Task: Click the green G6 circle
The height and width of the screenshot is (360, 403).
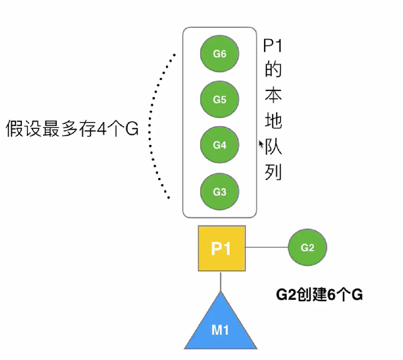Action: coord(219,54)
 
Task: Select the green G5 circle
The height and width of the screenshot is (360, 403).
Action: coord(219,99)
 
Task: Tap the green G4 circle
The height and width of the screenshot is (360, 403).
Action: coord(219,145)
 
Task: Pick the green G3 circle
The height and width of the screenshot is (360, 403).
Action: coord(219,192)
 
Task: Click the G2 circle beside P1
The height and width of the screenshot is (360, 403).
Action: coord(307,248)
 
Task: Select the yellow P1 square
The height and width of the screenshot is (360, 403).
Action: coord(222,248)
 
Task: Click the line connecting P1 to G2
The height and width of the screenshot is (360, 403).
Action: coord(267,247)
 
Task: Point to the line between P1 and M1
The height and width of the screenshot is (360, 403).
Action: coord(221,281)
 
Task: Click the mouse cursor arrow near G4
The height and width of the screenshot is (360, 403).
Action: coord(261,144)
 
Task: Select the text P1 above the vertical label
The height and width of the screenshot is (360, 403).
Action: coord(272,46)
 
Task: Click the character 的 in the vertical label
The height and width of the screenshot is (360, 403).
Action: coord(273,69)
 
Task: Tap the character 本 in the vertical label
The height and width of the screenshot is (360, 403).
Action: coord(273,95)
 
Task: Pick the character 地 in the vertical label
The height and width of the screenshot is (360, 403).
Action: coord(273,120)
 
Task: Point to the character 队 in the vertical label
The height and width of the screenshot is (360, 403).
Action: coord(274,146)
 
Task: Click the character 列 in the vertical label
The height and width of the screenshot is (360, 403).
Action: coord(273,172)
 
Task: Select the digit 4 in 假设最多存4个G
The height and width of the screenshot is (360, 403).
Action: coord(101,129)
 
